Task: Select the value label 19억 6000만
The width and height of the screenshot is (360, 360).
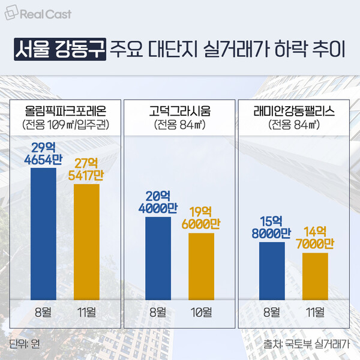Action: pos(202,218)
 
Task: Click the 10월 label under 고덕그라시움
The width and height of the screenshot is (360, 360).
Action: pos(202,313)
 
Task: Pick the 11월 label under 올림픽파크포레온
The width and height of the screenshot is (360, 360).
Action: pos(86,313)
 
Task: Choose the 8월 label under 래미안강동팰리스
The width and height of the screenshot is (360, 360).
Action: pos(272,313)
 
